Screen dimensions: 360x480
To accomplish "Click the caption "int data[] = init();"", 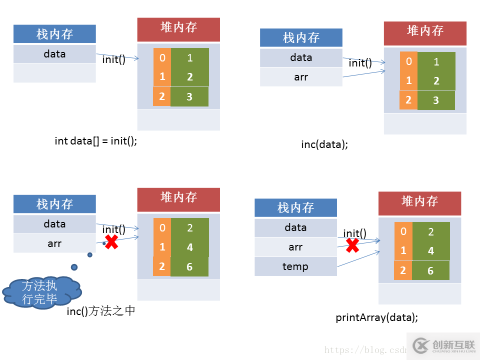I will click(95, 141).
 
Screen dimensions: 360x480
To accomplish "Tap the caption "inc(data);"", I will click(324, 144).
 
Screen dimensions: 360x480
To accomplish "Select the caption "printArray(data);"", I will click(376, 317).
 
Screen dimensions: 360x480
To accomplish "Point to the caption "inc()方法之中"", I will click(101, 311).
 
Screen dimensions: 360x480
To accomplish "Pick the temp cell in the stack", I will click(295, 266).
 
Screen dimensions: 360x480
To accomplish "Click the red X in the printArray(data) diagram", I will click(353, 245).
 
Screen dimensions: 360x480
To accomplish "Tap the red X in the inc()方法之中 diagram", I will click(111, 242).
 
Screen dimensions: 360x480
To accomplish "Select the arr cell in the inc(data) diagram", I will click(301, 77).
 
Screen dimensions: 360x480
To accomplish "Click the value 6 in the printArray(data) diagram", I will click(430, 271).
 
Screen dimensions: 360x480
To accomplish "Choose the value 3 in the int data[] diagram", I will click(189, 97).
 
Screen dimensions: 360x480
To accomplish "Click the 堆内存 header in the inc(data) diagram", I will click(425, 31).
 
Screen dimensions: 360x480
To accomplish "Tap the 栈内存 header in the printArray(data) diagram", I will click(295, 207).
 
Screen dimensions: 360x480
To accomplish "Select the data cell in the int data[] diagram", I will click(54, 54).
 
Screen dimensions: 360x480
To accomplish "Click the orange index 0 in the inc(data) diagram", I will click(408, 61).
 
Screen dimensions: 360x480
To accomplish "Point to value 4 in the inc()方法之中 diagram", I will click(189, 247).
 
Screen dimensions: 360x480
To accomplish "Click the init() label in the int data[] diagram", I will click(114, 59).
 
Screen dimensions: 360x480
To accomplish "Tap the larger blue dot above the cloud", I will click(74, 267).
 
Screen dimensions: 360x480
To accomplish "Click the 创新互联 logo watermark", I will click(443, 345).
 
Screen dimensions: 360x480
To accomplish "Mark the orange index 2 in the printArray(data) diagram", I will click(403, 270).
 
